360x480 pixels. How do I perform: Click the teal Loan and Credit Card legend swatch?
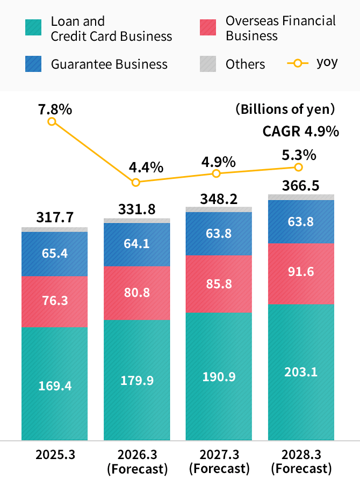(x=33, y=28)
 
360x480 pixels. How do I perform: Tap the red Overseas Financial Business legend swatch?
(x=208, y=28)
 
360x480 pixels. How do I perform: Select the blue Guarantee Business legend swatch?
(x=33, y=64)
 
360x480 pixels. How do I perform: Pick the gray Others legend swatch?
(x=208, y=64)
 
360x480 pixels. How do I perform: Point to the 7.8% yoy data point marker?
(x=52, y=121)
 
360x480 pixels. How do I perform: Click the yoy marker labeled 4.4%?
(x=136, y=182)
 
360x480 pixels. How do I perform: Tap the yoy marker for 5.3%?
(x=299, y=168)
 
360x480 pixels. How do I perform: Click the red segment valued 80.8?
(x=137, y=293)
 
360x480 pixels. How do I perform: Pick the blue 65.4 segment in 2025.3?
(x=55, y=253)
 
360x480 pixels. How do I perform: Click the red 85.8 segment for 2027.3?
(x=219, y=283)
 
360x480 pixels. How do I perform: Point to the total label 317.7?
(x=55, y=217)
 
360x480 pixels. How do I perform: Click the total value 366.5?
(x=301, y=185)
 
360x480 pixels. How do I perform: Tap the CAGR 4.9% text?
(x=300, y=132)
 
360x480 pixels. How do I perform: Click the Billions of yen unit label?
(x=285, y=110)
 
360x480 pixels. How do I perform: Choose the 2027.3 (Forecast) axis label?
(x=219, y=461)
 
